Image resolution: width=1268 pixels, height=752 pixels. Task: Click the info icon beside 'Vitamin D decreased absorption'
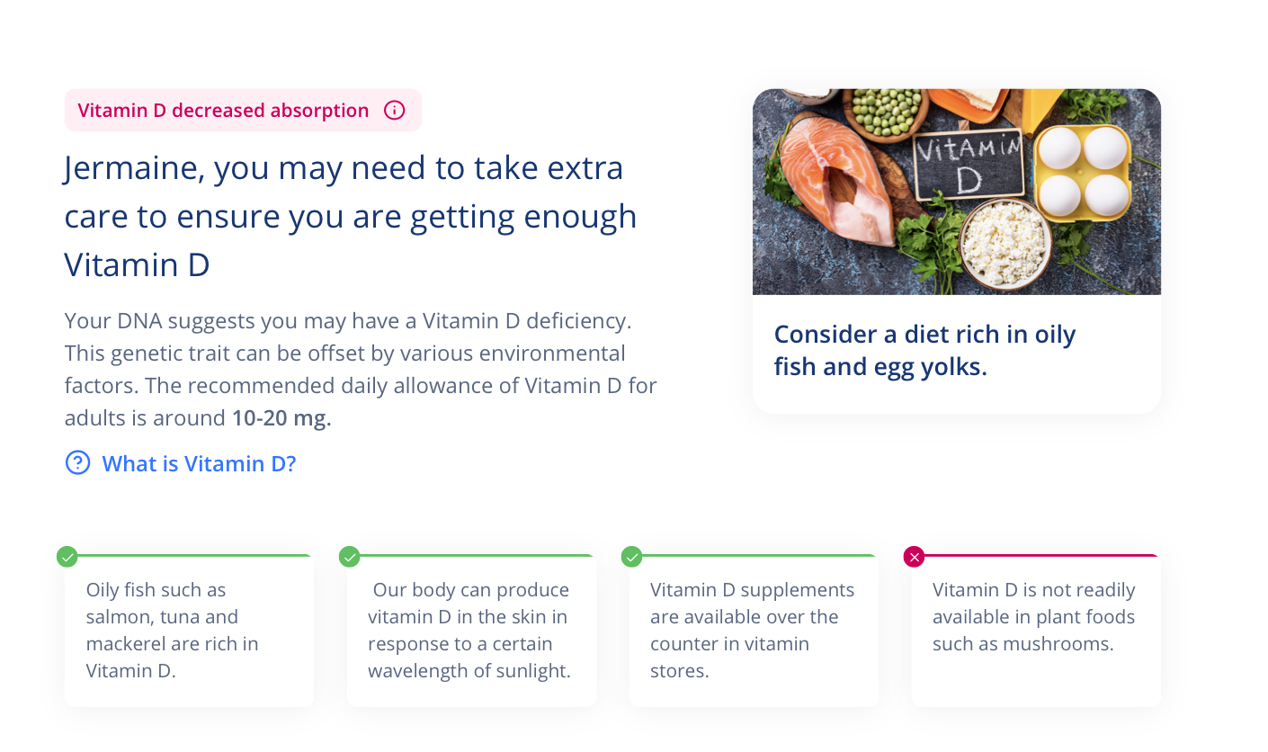tap(395, 110)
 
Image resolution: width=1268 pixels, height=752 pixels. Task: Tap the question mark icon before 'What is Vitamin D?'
tap(77, 462)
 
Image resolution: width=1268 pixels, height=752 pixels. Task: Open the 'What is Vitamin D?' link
tap(199, 464)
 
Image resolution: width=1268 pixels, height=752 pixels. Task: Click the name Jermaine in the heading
tap(133, 168)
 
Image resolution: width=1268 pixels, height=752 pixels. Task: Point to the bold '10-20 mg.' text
tap(281, 418)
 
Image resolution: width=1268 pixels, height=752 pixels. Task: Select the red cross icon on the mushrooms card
tap(915, 557)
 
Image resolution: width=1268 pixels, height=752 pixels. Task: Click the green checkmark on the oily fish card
tap(67, 557)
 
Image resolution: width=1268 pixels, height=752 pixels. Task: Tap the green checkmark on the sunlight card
tap(349, 557)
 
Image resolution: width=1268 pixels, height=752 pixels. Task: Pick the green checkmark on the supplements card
tap(631, 557)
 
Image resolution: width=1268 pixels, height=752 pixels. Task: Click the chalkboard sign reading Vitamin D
tap(969, 165)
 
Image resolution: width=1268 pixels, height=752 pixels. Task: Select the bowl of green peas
tap(885, 113)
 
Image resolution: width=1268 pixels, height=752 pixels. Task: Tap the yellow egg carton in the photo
tap(1083, 172)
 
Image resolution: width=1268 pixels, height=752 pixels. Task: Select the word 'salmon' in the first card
tap(118, 617)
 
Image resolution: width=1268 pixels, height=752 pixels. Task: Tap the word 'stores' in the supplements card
tap(679, 671)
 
